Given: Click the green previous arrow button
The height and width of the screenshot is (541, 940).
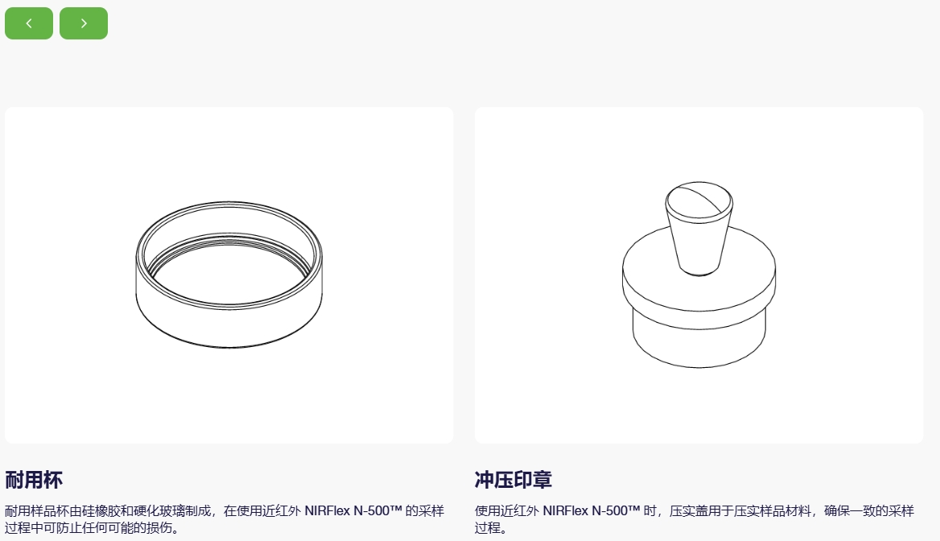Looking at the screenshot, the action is (x=29, y=23).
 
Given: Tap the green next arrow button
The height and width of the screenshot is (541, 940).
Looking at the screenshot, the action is (x=84, y=23).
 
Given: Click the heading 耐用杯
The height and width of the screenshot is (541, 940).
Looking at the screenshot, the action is (x=34, y=480).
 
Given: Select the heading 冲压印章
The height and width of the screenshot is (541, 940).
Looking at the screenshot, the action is (x=513, y=480).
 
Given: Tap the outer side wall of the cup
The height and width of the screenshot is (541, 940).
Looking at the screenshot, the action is (x=229, y=324).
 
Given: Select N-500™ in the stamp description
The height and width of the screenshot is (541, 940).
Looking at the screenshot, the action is (x=616, y=511).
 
